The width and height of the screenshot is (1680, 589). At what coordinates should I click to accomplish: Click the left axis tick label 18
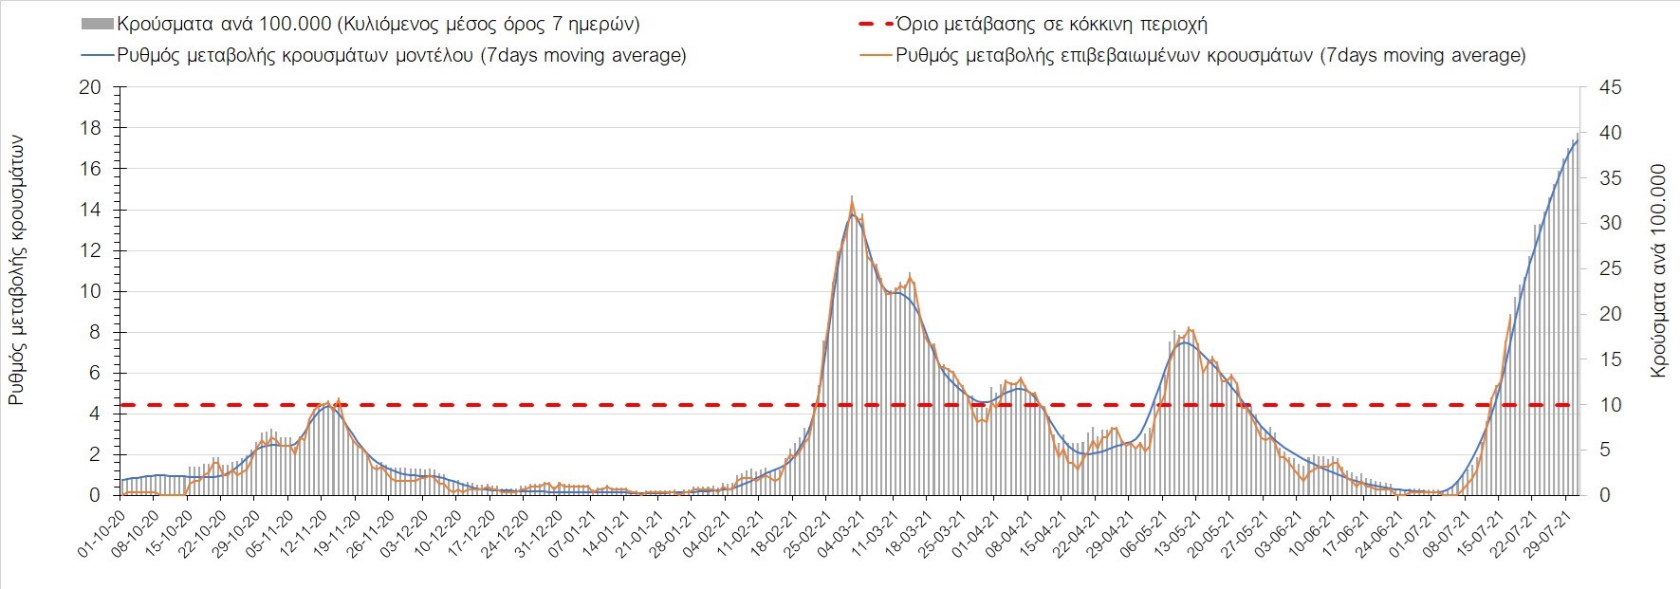[89, 128]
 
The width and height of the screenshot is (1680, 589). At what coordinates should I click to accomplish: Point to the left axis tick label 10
[89, 291]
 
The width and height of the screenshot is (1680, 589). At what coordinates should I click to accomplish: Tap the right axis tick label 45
[1611, 87]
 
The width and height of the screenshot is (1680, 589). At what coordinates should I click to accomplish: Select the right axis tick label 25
[1611, 268]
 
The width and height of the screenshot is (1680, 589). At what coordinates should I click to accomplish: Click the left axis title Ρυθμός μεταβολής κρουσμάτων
[16, 271]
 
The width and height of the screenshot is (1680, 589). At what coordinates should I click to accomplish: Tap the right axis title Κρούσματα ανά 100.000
[1658, 271]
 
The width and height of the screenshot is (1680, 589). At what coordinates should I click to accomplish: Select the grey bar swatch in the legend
[98, 24]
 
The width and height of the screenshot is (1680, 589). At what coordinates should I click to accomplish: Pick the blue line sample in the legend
[98, 55]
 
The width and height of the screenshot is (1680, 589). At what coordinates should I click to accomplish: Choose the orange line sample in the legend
[875, 55]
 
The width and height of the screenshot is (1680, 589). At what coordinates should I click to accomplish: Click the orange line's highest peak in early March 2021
[852, 201]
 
